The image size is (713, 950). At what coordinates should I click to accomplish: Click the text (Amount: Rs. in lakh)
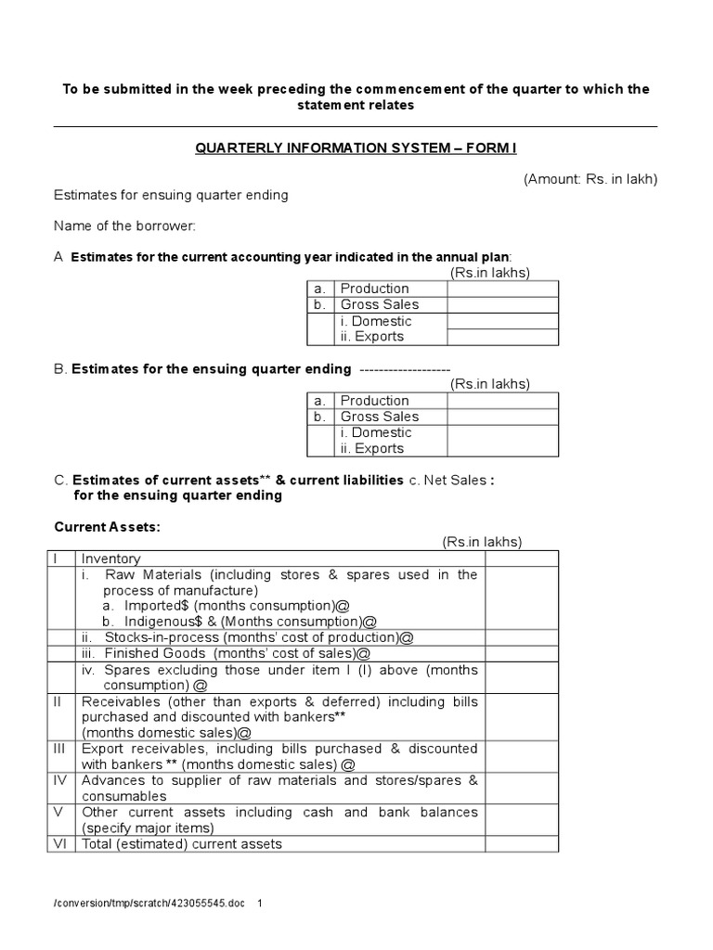590,179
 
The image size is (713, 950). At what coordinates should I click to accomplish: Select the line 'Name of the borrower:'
124,225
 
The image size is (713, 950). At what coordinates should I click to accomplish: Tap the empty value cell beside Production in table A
502,289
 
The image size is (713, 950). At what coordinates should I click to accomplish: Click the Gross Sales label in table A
379,304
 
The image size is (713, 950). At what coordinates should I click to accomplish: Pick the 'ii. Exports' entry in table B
371,448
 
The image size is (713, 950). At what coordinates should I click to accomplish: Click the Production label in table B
374,401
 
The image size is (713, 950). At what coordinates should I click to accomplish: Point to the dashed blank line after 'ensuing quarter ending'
404,369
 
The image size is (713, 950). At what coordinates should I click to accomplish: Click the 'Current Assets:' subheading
107,527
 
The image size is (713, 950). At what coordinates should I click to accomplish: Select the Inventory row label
110,558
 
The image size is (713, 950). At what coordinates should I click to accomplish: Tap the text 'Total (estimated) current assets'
181,844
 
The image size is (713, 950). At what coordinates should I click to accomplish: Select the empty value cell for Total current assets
521,844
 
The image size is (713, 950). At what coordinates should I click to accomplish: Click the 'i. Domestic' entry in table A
375,321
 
